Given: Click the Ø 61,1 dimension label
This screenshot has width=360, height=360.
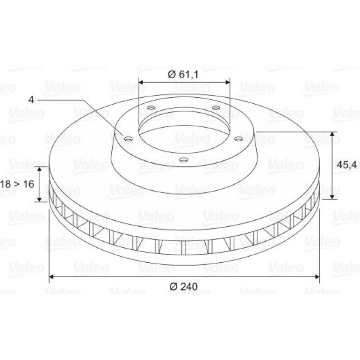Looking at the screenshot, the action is (183, 74).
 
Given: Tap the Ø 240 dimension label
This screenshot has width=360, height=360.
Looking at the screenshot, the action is (183, 287).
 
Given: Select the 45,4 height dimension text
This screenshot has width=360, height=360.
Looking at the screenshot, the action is (347, 165).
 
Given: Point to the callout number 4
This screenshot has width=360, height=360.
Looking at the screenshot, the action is (31, 100).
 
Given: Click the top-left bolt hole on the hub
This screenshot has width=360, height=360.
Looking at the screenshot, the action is (151, 108).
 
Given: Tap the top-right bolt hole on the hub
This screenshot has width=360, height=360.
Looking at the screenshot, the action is (216, 108).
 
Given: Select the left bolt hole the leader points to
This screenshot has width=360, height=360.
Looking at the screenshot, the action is (128, 139).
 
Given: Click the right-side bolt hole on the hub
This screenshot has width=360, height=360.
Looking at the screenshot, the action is (238, 139).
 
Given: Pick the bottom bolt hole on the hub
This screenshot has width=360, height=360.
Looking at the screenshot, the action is (184, 159).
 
